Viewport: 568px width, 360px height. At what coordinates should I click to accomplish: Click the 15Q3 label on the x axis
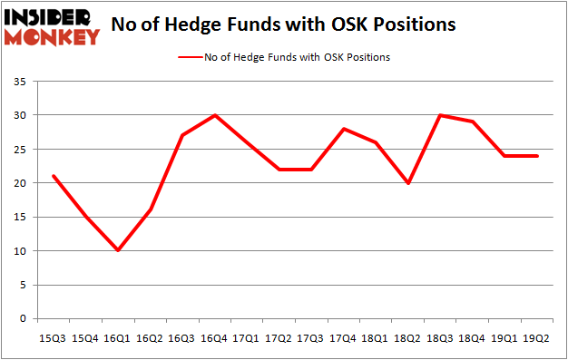[x=52, y=338]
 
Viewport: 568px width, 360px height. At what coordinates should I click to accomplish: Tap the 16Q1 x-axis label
[x=117, y=338]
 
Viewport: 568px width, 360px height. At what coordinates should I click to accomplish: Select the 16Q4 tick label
[x=214, y=338]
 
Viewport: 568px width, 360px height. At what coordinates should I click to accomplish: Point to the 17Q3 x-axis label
[x=311, y=338]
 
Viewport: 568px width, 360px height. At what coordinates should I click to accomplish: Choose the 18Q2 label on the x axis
[x=408, y=338]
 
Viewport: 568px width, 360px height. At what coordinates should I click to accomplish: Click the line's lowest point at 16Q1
[x=117, y=250]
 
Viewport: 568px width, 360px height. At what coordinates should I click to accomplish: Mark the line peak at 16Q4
[x=214, y=115]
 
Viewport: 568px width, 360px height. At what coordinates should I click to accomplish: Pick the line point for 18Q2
[x=408, y=183]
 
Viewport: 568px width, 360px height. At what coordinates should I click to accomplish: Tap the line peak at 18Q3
[x=441, y=115]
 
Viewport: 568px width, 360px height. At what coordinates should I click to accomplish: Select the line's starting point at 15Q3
[x=52, y=176]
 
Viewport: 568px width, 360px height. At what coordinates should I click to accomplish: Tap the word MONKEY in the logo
[x=53, y=37]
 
